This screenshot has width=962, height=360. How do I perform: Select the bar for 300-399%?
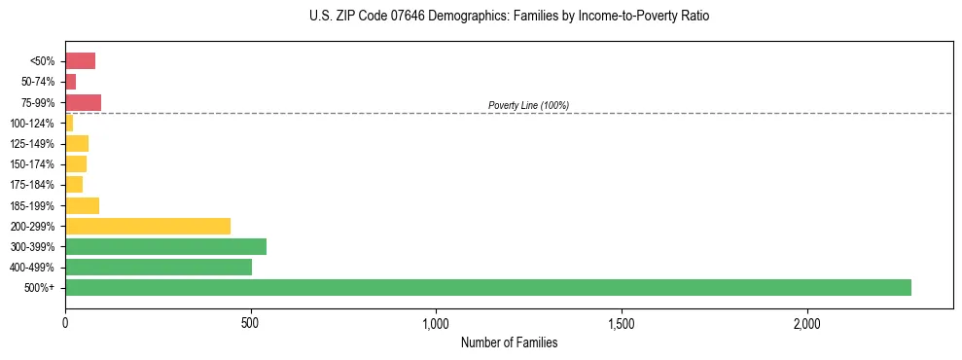click(x=165, y=246)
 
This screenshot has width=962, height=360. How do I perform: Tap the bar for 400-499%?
click(x=159, y=267)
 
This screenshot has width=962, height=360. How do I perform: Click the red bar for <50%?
click(x=80, y=61)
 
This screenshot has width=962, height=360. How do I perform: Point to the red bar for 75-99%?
click(x=83, y=102)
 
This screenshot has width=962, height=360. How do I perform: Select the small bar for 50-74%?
click(x=71, y=82)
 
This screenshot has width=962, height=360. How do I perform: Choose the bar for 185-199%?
click(x=82, y=205)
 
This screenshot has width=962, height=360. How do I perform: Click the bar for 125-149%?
click(x=77, y=143)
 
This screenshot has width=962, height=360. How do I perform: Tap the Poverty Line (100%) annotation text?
click(x=528, y=105)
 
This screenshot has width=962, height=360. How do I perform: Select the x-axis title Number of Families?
click(x=509, y=342)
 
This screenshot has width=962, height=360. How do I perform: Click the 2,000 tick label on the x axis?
click(x=807, y=322)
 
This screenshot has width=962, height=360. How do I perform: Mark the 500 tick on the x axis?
click(x=251, y=322)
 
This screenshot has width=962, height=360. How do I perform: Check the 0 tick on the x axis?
click(x=65, y=322)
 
